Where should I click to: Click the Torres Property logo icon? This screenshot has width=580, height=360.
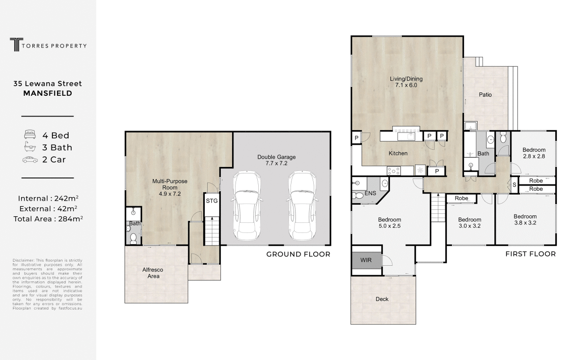click(x=16, y=44)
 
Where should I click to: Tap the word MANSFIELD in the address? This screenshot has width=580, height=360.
click(x=48, y=93)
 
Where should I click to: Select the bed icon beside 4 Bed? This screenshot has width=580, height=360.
click(x=30, y=135)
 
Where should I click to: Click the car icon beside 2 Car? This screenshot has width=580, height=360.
click(x=30, y=160)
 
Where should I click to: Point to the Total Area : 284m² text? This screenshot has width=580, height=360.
click(x=48, y=219)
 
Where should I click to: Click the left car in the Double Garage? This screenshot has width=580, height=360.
click(x=247, y=205)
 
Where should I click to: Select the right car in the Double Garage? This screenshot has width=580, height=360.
click(x=302, y=205)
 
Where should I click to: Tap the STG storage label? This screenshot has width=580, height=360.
click(x=212, y=201)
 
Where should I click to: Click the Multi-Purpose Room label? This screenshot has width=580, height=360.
click(x=170, y=188)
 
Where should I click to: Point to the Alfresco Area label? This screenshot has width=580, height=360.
click(x=153, y=273)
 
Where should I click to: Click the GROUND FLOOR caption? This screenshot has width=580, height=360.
click(x=298, y=254)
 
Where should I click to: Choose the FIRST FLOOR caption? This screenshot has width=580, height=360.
click(x=531, y=254)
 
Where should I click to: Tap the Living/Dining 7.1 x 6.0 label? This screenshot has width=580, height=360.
click(x=406, y=82)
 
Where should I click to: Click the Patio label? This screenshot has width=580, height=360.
click(x=485, y=95)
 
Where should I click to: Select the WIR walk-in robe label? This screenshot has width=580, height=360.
click(x=366, y=260)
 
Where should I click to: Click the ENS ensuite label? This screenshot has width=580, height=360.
click(x=370, y=193)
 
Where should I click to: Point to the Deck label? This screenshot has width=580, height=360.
click(x=382, y=299)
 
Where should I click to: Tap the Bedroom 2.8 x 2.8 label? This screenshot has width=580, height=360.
click(x=534, y=153)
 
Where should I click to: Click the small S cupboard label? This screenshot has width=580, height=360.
click(x=514, y=185)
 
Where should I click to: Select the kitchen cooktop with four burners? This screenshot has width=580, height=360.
click(x=393, y=171)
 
